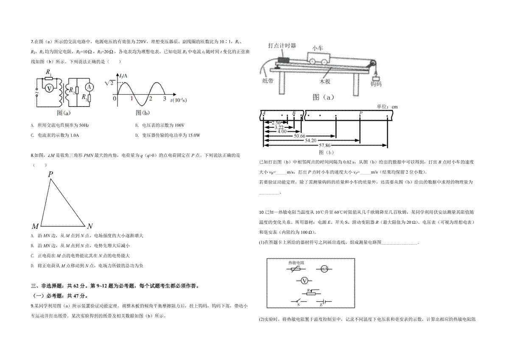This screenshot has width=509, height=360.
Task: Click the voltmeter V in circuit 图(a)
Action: pyautogui.click(x=49, y=88)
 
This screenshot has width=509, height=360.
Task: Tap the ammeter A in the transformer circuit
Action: pyautogui.click(x=89, y=87)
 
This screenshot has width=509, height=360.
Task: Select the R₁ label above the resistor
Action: pyautogui.click(x=49, y=72)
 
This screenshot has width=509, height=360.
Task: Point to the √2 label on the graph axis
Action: pyautogui.click(x=109, y=83)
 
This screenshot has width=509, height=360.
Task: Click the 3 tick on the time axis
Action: pyautogui.click(x=165, y=98)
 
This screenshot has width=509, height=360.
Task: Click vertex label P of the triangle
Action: pyautogui.click(x=50, y=174)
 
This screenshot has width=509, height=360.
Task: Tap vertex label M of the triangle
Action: pyautogui.click(x=35, y=226)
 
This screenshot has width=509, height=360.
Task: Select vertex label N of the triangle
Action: pyautogui.click(x=90, y=226)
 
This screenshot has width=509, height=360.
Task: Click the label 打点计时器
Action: pyautogui.click(x=282, y=45)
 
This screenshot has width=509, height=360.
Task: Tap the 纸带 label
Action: pyautogui.click(x=268, y=81)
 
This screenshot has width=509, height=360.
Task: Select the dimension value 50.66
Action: pyautogui.click(x=299, y=136)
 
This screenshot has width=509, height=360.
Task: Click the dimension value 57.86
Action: pyautogui.click(x=325, y=145)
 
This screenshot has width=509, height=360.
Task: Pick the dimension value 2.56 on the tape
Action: pyautogui.click(x=276, y=123)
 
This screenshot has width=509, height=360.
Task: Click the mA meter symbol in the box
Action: pyautogui.click(x=324, y=269)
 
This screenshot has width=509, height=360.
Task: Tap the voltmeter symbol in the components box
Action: pyautogui.click(x=304, y=281)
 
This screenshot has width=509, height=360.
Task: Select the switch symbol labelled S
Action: pyautogui.click(x=299, y=302)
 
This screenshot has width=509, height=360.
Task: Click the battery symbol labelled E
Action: pyautogui.click(x=324, y=302)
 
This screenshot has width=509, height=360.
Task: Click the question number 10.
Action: pyautogui.click(x=262, y=212)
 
